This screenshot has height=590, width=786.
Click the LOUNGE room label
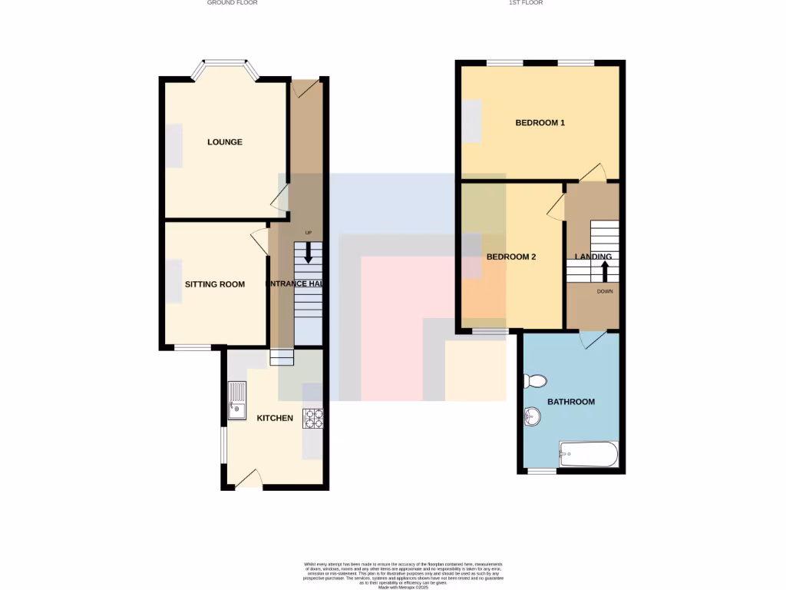[x=224, y=142]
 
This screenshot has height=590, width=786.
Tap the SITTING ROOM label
[x=214, y=284]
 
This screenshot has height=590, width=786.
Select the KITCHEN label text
[x=274, y=418]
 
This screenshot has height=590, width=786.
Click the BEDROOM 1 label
[x=540, y=123]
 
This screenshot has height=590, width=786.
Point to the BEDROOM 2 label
[x=511, y=257]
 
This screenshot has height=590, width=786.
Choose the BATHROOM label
[x=570, y=402]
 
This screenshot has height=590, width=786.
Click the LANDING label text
[x=593, y=257]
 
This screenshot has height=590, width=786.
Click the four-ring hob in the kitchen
[x=315, y=418]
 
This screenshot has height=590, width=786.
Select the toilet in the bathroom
[x=533, y=381]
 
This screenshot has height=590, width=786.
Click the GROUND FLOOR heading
[x=232, y=3]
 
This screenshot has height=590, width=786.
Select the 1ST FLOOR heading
[x=526, y=3]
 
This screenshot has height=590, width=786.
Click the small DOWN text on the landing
[x=605, y=291]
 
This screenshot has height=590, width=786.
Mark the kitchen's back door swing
[x=248, y=480]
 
